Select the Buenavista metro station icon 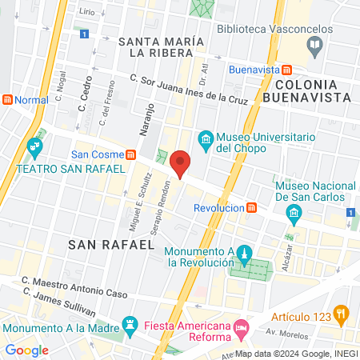pyautogui.click(x=287, y=70)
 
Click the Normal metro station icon pyautogui.click(x=8, y=101)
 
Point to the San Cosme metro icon pyautogui.click(x=131, y=154)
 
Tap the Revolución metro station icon pyautogui.click(x=252, y=207)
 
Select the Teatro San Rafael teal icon pyautogui.click(x=34, y=147)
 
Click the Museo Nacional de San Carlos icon pyautogui.click(x=293, y=212)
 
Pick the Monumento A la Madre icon pyautogui.click(x=129, y=323)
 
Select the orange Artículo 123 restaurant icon pyautogui.click(x=342, y=313)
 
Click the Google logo pyautogui.click(x=26, y=350)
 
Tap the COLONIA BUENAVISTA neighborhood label pyautogui.click(x=313, y=90)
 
